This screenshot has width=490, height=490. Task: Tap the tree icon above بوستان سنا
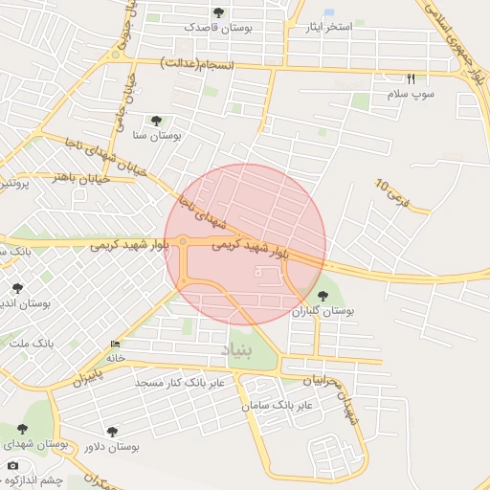point(155,121)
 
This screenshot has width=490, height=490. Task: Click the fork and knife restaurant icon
point(412,79)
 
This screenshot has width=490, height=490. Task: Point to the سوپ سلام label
point(411,95)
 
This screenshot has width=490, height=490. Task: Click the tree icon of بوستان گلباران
point(322,296)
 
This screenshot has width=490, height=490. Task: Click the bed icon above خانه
point(116,344)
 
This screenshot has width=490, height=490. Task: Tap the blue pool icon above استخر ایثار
point(329,12)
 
